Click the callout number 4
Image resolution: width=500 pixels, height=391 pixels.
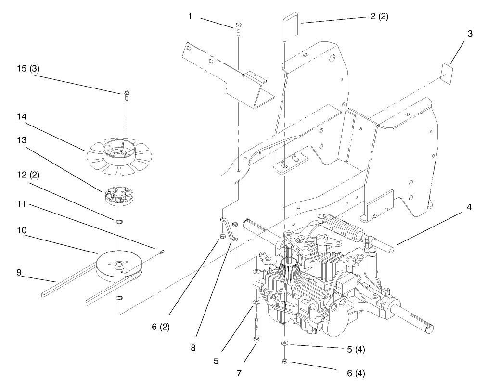tap(469, 207)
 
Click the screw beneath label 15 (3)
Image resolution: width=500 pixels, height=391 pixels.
tap(127, 95)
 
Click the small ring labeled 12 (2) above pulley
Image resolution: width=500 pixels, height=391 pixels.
tap(118, 221)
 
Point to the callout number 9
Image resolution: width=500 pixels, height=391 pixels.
tap(19, 272)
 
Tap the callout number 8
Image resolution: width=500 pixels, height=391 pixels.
tap(193, 347)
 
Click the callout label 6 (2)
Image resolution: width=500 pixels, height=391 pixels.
tap(161, 327)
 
